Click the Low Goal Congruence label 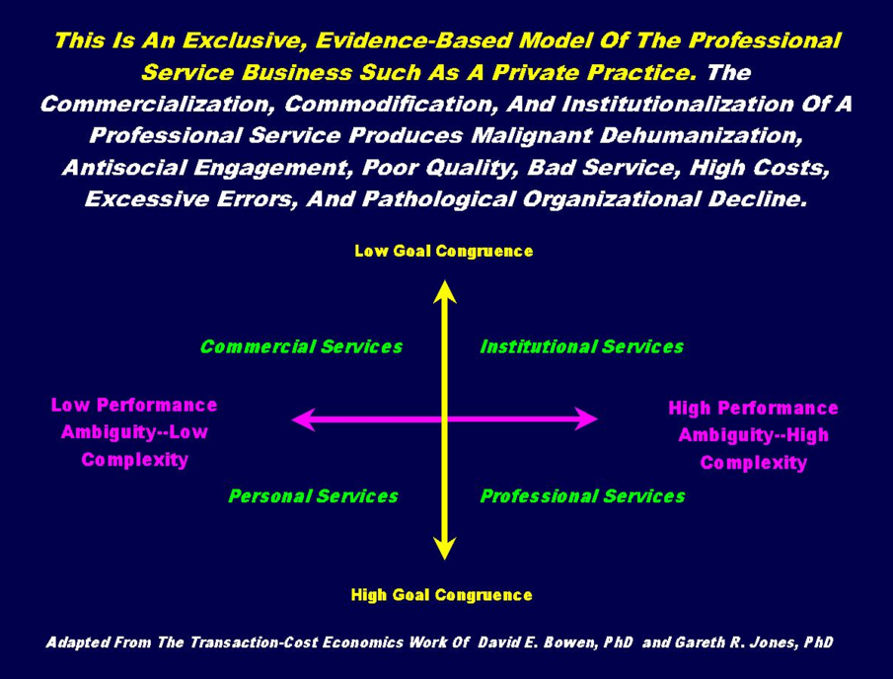pyautogui.click(x=443, y=251)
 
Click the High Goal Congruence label pyautogui.click(x=441, y=594)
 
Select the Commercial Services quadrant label pyautogui.click(x=301, y=346)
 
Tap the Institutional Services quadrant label pyautogui.click(x=581, y=346)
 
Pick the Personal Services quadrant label pyautogui.click(x=313, y=495)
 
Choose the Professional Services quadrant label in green pyautogui.click(x=582, y=495)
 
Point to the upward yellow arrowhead pyautogui.click(x=445, y=290)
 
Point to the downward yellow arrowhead pyautogui.click(x=445, y=549)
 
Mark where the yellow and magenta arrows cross pyautogui.click(x=445, y=419)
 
